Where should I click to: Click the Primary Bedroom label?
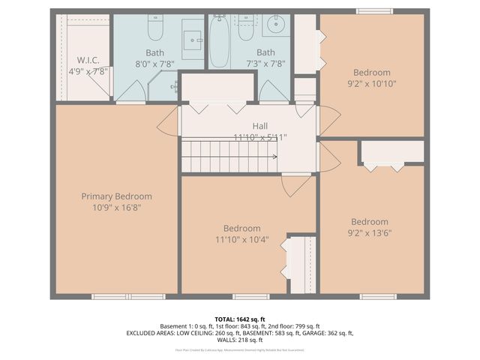(x=116, y=196)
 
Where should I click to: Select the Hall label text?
(x=260, y=126)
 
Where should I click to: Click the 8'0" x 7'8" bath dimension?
(x=155, y=64)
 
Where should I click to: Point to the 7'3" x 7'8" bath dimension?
(x=265, y=64)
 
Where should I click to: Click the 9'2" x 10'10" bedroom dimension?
(x=372, y=84)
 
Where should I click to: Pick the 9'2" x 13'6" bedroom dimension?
(x=370, y=232)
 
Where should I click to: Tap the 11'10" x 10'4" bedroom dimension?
(x=241, y=240)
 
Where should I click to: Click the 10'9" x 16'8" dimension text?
(x=116, y=207)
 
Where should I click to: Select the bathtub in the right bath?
(x=219, y=41)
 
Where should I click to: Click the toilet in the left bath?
(x=155, y=28)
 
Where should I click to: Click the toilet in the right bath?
(x=246, y=28)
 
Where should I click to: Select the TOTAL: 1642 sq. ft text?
(x=240, y=319)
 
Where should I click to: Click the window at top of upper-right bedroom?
(x=374, y=11)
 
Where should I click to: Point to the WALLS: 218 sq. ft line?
(x=240, y=340)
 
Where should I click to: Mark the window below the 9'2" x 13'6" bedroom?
(x=378, y=296)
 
